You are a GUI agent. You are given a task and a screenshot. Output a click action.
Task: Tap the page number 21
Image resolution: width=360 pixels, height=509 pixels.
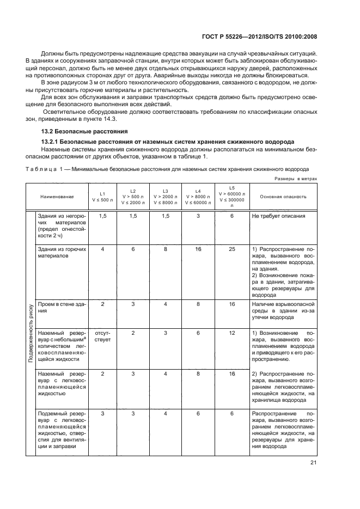314,463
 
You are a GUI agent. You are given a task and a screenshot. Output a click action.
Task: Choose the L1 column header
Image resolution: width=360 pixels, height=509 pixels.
102,197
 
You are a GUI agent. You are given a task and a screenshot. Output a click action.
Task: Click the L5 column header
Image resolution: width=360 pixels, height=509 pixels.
231,197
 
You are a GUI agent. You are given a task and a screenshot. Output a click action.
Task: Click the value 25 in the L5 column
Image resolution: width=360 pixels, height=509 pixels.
231,249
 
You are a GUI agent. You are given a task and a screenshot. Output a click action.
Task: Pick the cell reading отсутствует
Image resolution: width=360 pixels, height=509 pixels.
102,336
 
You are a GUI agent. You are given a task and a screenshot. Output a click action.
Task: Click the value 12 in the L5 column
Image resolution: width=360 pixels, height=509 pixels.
231,333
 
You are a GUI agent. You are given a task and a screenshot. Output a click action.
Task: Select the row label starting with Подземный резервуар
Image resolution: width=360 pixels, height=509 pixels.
59,430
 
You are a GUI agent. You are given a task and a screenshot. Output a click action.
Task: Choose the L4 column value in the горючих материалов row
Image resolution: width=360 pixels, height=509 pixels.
199,249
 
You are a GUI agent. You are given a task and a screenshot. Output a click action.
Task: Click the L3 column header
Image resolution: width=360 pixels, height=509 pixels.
166,197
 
